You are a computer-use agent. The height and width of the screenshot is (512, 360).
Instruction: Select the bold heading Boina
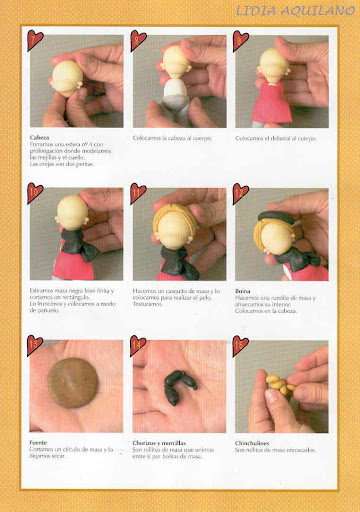click(x=244, y=292)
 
